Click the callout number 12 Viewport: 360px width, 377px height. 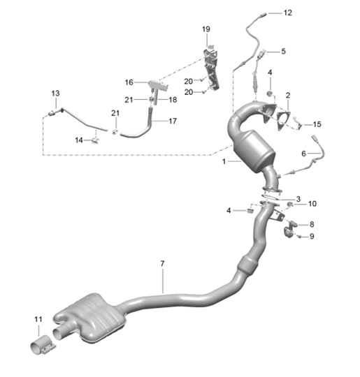287,13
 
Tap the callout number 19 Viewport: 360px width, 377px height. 206,29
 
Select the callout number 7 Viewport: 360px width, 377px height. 162,264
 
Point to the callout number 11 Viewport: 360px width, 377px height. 38,319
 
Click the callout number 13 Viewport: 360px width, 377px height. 55,94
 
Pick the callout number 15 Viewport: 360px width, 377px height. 317,124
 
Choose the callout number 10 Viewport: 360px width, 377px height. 312,204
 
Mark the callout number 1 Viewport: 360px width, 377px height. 224,161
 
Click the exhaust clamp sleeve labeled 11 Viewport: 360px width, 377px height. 43,346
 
